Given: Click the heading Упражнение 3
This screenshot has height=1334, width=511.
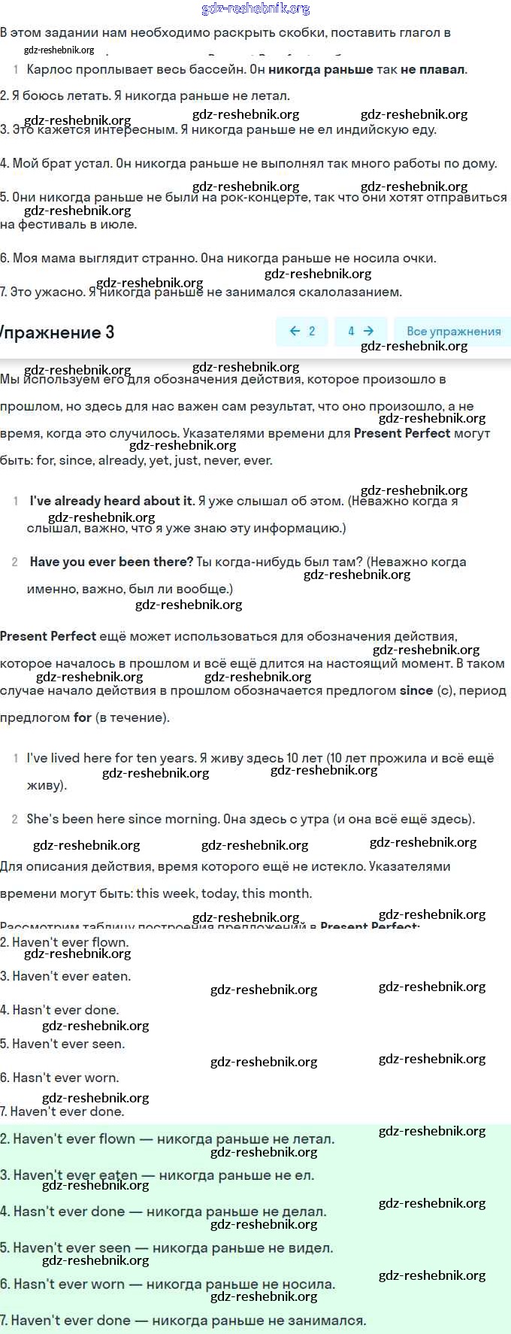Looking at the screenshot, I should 57,332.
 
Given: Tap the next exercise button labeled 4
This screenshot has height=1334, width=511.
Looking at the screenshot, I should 360,331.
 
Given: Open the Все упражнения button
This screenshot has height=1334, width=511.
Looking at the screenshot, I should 453,331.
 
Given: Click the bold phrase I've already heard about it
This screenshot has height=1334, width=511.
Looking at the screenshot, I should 111,501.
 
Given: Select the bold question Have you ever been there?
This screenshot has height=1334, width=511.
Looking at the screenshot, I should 111,562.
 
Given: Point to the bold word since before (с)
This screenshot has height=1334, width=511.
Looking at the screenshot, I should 416,690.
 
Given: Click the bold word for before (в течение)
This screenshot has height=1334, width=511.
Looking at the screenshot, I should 83,717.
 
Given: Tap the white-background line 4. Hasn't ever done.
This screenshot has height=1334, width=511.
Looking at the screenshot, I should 59,1010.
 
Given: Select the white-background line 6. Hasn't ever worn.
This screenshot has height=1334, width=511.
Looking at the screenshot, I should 59,1078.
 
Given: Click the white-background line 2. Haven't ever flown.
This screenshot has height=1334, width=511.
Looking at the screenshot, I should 65,942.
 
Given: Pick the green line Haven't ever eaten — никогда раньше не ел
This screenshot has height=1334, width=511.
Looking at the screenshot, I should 158,1175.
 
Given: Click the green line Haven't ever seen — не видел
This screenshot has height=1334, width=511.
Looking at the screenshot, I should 167,1248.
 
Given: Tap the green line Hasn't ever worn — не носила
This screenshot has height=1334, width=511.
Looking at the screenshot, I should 168,1284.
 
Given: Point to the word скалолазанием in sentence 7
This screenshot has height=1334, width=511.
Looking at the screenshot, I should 353,292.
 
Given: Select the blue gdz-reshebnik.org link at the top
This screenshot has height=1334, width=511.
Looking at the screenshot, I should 255,8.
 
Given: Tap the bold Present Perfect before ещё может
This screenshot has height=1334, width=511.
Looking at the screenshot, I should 48,636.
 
